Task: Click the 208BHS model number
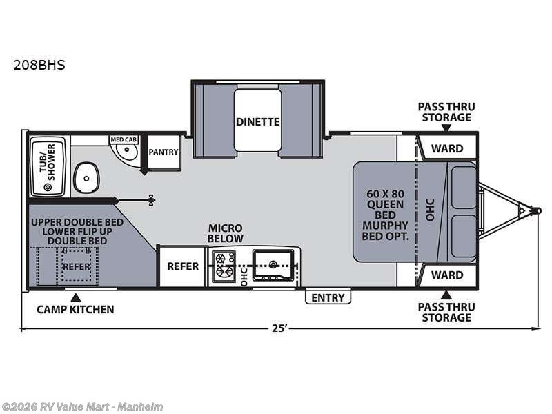tap(39, 65)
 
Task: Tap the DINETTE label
tap(257, 122)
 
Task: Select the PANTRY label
tap(164, 152)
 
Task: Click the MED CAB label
tap(124, 139)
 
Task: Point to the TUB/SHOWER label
tap(48, 162)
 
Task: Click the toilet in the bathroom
tap(86, 177)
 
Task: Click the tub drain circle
tap(48, 187)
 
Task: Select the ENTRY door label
tap(328, 298)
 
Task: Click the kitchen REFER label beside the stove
tap(183, 266)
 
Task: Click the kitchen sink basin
tap(273, 265)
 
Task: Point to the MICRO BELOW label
tap(226, 233)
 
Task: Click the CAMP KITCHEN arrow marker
tap(75, 298)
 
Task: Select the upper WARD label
tap(447, 148)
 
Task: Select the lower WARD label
tap(447, 275)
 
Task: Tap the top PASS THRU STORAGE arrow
tap(446, 128)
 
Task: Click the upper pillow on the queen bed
tap(464, 188)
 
